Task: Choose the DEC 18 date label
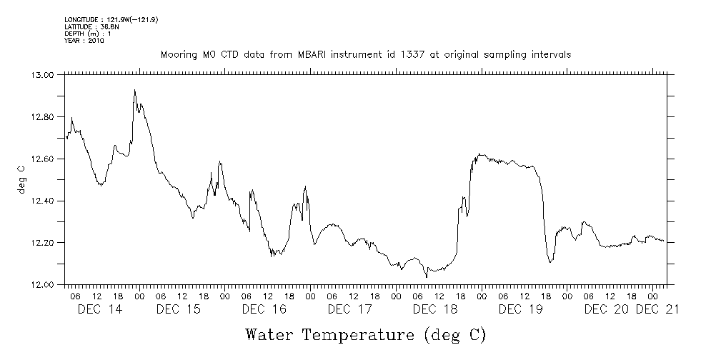[x=435, y=309]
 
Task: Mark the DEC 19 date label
[x=521, y=309]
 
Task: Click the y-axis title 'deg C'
[x=21, y=180]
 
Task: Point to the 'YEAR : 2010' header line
[x=84, y=41]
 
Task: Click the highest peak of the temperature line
[x=134, y=90]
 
